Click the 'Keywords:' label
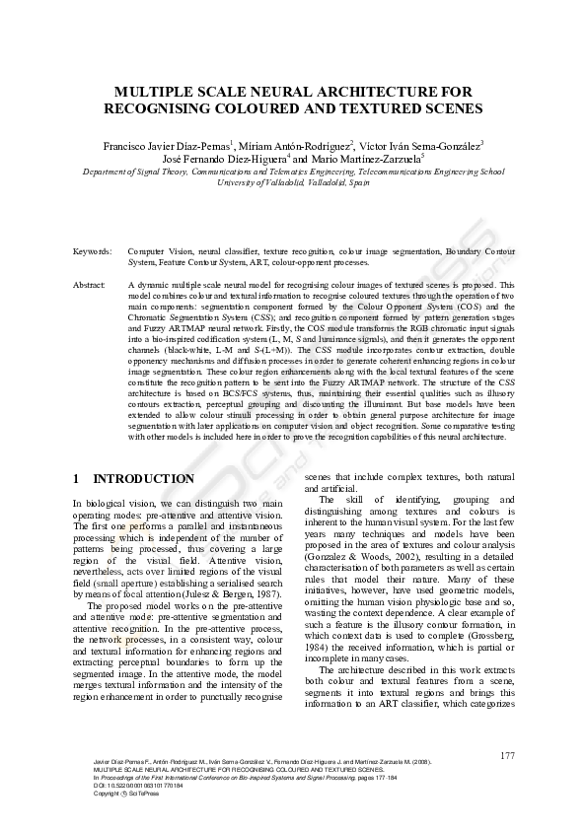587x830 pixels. pos(93,252)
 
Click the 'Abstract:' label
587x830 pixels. pos(90,284)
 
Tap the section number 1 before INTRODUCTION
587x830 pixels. pos(77,479)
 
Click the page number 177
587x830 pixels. pos(507,755)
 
